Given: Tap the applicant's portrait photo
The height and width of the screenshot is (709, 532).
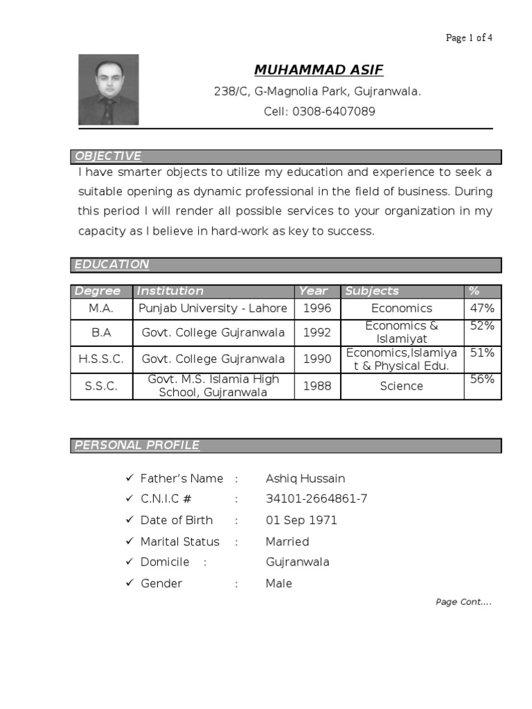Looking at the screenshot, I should coord(108,90).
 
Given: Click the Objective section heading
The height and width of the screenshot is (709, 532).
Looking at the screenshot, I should coord(108,156).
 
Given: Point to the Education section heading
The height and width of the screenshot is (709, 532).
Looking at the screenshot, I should coord(112,264).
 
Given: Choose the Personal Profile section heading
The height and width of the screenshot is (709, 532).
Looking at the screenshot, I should coord(136,445).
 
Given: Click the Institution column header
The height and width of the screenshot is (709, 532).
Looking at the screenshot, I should coord(170,291).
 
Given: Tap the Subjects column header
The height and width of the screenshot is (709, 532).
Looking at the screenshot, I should coord(372,291).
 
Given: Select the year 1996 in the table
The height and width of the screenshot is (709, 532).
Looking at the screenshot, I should coord(317,308).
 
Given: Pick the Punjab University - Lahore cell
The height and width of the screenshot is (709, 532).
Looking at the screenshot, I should coord(213,308).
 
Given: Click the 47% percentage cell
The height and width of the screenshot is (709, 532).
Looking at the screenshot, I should coord(481,308).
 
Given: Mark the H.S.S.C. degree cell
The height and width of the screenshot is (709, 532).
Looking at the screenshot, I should coord(101,359).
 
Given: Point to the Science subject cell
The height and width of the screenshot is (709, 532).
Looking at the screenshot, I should coord(401,386).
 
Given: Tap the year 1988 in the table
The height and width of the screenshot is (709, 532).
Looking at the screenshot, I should coord(317,386).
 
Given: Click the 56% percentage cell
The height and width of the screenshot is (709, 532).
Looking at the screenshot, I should coord(481,379).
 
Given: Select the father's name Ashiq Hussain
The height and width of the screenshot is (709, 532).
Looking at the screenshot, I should coord(305,478).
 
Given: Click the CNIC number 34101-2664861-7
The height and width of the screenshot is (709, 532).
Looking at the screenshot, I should coord(317,499).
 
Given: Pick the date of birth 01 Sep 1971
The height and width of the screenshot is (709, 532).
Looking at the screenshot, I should coord(301,520).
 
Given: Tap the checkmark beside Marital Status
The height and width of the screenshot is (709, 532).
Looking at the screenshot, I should coord(129,541).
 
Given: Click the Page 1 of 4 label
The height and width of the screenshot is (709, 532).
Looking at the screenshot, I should coord(469,38).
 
